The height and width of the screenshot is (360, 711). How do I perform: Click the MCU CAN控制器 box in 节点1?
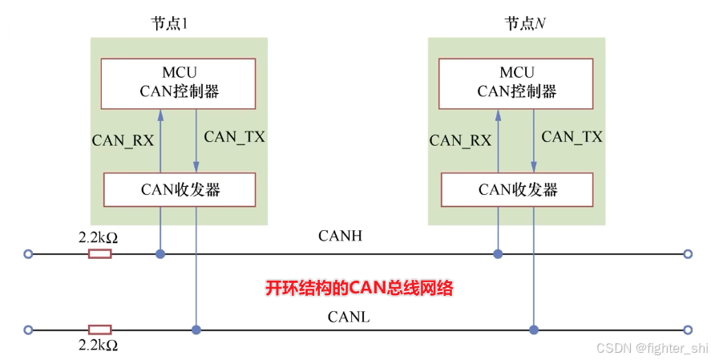[178, 83]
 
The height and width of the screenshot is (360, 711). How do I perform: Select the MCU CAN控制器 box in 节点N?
[516, 83]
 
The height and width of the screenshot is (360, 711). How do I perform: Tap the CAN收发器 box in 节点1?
[180, 189]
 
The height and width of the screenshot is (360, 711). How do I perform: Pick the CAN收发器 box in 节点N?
[517, 189]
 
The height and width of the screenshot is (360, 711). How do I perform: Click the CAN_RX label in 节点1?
[123, 140]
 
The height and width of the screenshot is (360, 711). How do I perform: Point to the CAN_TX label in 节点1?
[234, 136]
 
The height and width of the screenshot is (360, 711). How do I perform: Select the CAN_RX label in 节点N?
[460, 140]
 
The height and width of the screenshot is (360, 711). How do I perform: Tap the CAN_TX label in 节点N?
[572, 136]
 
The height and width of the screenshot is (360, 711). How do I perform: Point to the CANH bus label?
[340, 236]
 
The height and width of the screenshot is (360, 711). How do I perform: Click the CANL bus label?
[348, 317]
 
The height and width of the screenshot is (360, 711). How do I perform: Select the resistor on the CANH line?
[99, 254]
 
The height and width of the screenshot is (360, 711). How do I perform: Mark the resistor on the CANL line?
[99, 330]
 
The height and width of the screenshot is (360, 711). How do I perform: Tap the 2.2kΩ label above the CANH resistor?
[98, 238]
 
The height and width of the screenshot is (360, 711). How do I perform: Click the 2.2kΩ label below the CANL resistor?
[98, 346]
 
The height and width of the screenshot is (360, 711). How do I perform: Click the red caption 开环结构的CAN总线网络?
[359, 288]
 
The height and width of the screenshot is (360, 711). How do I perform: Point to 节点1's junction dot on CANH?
[160, 254]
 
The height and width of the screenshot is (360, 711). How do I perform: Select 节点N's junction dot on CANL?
[533, 330]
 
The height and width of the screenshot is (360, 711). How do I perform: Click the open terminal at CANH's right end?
[687, 254]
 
